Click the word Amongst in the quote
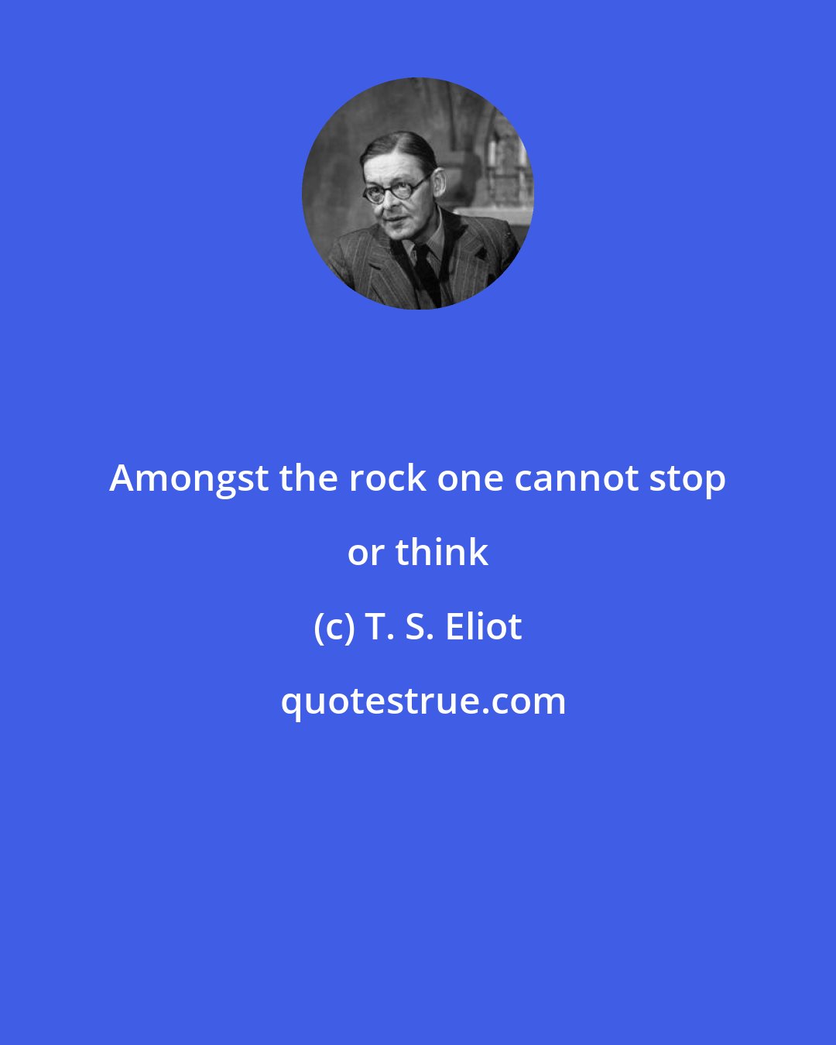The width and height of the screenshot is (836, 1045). (189, 479)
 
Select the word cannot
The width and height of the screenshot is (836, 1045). (577, 479)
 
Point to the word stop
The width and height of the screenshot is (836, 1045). (687, 479)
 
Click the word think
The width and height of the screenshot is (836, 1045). (441, 553)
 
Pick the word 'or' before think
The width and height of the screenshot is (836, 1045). (365, 553)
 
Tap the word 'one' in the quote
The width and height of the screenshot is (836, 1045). (471, 479)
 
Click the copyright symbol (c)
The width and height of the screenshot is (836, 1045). (333, 627)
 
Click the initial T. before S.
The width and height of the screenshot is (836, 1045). (375, 627)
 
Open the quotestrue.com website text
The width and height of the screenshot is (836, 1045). (423, 701)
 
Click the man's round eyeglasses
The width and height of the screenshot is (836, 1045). (396, 190)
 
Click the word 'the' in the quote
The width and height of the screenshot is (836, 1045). (304, 479)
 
